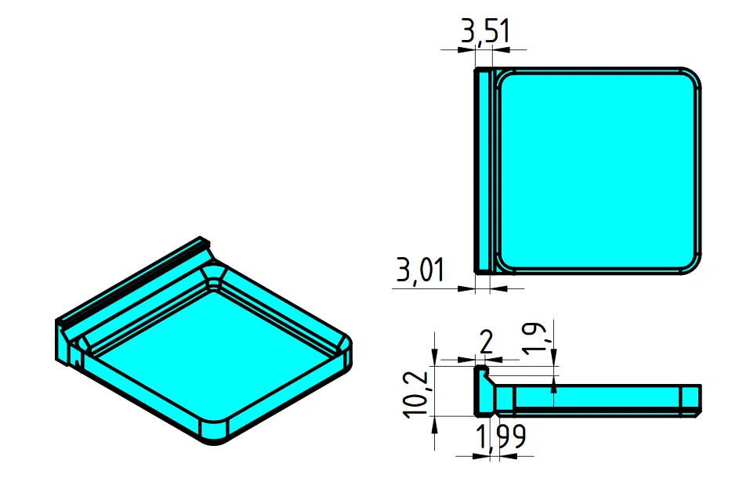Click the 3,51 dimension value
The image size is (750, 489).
point(485,32)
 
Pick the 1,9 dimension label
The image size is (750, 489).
point(541,339)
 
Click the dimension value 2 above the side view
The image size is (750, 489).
point(486,343)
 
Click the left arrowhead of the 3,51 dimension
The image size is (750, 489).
point(471,49)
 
